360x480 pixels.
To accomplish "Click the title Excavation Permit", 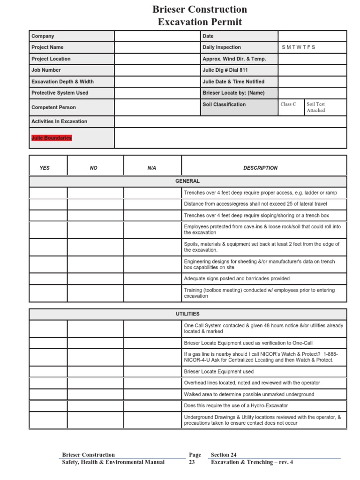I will (x=200, y=22).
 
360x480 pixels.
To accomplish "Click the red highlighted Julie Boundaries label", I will (x=52, y=138).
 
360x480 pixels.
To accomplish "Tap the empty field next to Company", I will (x=157, y=36).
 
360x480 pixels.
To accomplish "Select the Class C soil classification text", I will (x=288, y=105).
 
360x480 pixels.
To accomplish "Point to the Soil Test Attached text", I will (x=316, y=107).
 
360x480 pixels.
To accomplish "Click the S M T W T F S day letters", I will (x=299, y=47).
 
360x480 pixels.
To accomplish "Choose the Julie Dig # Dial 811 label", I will (x=225, y=70).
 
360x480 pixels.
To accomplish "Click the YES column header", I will (x=45, y=168).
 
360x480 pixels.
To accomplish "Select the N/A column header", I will (x=152, y=168).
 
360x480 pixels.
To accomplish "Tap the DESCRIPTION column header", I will (x=260, y=168).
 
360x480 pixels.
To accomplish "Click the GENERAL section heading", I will (x=187, y=181).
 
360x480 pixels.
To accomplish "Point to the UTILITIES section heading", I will (x=187, y=314).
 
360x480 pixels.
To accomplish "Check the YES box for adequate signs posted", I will (x=48, y=279).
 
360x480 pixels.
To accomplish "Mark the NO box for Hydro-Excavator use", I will (x=96, y=406).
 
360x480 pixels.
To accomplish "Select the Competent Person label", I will (x=53, y=107).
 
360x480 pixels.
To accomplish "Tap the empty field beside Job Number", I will (x=157, y=70).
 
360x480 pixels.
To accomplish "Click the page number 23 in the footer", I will (x=192, y=462).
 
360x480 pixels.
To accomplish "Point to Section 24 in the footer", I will (x=224, y=455).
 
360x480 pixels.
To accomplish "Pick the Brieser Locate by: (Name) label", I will (x=233, y=93).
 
